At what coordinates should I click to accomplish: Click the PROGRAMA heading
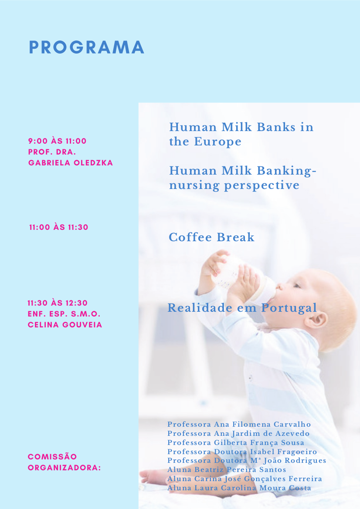point(86,47)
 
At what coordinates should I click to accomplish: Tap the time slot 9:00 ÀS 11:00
point(58,141)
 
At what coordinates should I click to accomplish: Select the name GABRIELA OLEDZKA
point(71,163)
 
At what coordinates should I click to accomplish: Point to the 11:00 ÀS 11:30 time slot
point(59,227)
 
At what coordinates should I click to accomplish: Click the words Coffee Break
point(211,237)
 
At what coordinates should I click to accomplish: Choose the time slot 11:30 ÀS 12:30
point(58,303)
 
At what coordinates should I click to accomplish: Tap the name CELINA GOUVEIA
point(65,325)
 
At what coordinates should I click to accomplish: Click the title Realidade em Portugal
point(242,308)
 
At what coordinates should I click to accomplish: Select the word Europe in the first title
point(217,142)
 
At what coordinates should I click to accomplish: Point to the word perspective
point(262,185)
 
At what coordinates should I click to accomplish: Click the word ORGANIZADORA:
point(65,468)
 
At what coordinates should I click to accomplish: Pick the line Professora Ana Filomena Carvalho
point(239,424)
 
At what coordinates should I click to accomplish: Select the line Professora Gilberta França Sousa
point(236,442)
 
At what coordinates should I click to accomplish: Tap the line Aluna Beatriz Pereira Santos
point(227,469)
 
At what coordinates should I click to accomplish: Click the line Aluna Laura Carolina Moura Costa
point(239,488)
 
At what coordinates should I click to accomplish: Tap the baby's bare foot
point(153,477)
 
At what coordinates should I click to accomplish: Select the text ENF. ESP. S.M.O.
point(64,314)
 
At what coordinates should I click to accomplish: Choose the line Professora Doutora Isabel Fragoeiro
point(242,452)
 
